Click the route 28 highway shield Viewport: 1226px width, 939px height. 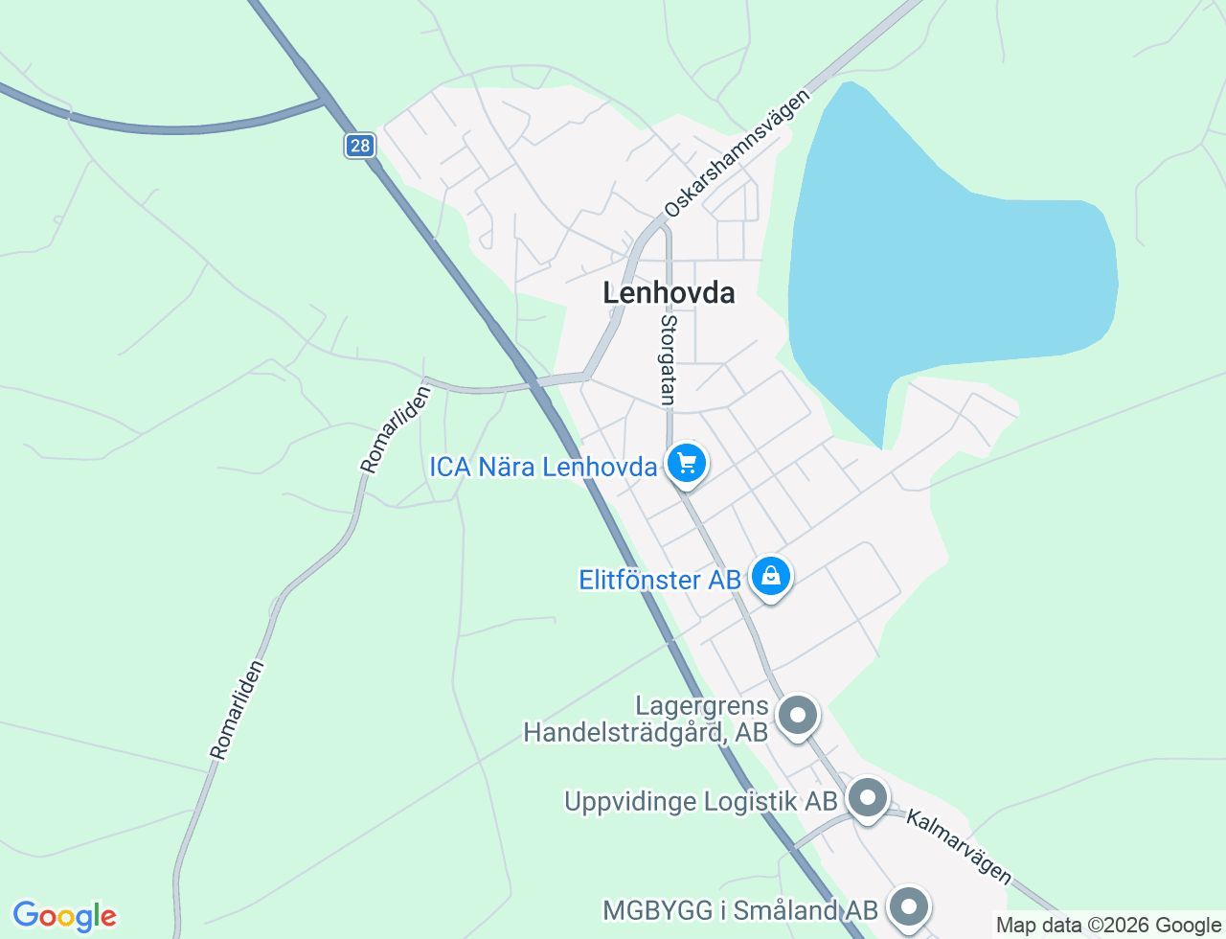click(x=359, y=146)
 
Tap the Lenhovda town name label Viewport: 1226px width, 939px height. click(x=669, y=293)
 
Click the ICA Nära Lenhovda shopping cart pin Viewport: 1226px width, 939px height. click(x=687, y=464)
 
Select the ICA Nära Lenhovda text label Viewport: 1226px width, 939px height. click(x=543, y=468)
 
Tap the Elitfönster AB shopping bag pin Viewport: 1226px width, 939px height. click(x=771, y=577)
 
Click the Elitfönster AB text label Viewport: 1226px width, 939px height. click(x=660, y=581)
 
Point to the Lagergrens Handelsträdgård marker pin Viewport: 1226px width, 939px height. click(x=797, y=715)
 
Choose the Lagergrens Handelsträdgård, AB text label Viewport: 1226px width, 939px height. click(x=647, y=720)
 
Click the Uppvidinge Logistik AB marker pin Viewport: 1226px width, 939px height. click(x=868, y=797)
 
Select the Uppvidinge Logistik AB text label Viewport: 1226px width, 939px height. click(x=701, y=801)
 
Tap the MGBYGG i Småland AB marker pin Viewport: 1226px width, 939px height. click(x=908, y=905)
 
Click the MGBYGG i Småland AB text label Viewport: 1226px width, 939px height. click(x=740, y=910)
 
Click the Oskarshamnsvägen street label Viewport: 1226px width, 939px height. click(x=738, y=153)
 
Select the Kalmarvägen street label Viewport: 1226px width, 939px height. click(x=959, y=847)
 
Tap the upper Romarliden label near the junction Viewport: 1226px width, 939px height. click(x=396, y=430)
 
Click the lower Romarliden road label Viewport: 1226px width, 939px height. click(x=237, y=710)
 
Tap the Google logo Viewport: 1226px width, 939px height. click(x=64, y=917)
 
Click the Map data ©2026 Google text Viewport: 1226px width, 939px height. click(x=1108, y=925)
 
